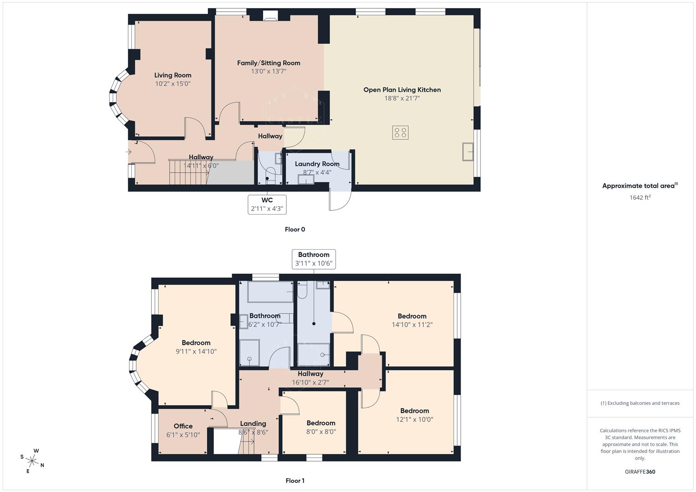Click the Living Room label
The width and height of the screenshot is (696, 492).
click(172, 75)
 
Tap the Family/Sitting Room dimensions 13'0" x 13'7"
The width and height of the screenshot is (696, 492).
click(268, 72)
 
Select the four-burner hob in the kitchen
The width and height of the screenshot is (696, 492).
click(400, 133)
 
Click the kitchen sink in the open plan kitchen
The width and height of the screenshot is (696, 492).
click(468, 152)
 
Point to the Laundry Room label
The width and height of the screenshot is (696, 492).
click(317, 164)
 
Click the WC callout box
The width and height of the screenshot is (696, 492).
click(267, 205)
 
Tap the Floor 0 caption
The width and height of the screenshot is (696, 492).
click(295, 230)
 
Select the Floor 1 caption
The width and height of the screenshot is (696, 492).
click(295, 481)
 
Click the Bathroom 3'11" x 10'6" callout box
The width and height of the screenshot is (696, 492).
click(314, 259)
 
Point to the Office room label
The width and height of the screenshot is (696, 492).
click(183, 426)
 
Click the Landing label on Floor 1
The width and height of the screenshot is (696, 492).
click(253, 424)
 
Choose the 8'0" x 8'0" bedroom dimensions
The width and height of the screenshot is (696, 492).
click(321, 431)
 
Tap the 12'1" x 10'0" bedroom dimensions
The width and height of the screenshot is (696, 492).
click(414, 419)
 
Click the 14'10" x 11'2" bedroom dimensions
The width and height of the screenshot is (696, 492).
click(412, 325)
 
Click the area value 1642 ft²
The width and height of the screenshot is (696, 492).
click(640, 197)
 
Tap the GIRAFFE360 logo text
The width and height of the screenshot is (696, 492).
click(640, 471)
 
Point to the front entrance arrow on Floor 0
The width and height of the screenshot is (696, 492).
click(129, 152)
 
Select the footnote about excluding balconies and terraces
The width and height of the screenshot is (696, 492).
click(640, 403)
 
